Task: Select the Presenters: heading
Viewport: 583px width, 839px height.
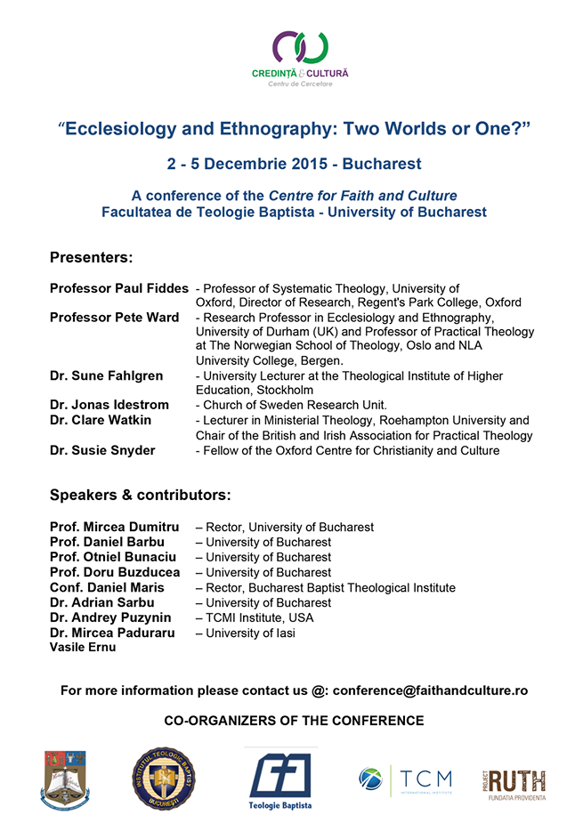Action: [x=91, y=258]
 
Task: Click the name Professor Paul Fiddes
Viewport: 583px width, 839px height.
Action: [x=119, y=288]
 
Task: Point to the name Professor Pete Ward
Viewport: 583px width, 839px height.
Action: [x=114, y=318]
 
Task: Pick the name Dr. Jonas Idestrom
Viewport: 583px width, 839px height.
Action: [x=109, y=405]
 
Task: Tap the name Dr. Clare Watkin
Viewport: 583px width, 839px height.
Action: [x=101, y=420]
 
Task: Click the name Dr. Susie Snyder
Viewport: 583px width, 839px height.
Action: [x=102, y=450]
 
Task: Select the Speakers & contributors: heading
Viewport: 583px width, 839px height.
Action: [x=141, y=495]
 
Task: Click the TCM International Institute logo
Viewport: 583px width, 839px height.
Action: [x=405, y=780]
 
